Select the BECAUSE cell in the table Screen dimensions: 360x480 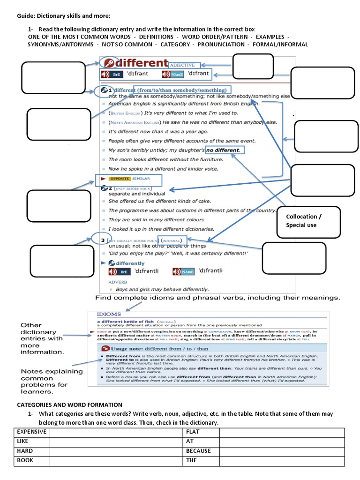point(198,450)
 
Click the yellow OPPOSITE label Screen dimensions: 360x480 point(120,179)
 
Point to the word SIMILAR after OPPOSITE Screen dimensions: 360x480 point(142,179)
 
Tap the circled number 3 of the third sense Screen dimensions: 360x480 point(103,240)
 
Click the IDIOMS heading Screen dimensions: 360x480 point(109,314)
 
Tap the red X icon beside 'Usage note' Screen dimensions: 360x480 point(106,349)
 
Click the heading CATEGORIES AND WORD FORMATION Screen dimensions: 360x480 point(69,405)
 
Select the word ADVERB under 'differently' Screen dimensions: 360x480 point(118,282)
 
